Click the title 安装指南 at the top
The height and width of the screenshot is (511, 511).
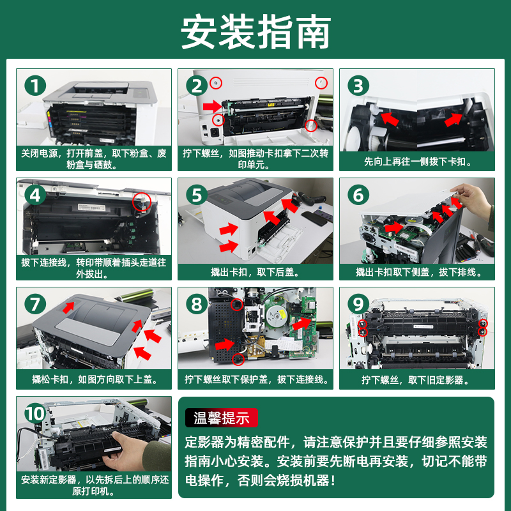(256, 31)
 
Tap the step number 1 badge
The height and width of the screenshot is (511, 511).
(35, 86)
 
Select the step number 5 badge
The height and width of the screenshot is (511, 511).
(197, 195)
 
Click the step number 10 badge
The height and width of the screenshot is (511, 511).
(35, 413)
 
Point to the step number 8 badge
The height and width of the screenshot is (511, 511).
(197, 305)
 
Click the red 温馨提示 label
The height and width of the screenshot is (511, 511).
(222, 418)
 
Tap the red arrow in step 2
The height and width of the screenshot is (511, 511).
(213, 106)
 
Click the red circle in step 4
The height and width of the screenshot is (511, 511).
(142, 201)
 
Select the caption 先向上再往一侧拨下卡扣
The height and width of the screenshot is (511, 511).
(417, 162)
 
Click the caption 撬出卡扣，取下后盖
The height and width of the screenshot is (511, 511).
(255, 272)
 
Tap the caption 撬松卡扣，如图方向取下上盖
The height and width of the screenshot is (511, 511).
(95, 379)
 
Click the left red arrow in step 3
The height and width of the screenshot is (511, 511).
(390, 119)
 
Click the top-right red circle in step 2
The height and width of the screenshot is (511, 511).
(321, 82)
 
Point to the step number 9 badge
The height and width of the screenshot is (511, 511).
(358, 305)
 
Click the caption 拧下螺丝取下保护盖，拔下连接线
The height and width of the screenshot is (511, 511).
(257, 379)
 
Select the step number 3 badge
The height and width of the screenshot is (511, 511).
(358, 86)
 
